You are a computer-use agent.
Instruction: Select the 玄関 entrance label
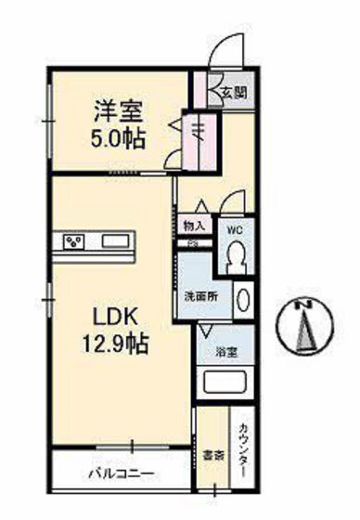click(231, 92)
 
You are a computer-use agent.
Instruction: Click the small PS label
click(193, 243)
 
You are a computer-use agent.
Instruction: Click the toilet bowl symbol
click(236, 253)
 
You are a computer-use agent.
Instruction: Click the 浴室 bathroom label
click(226, 352)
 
